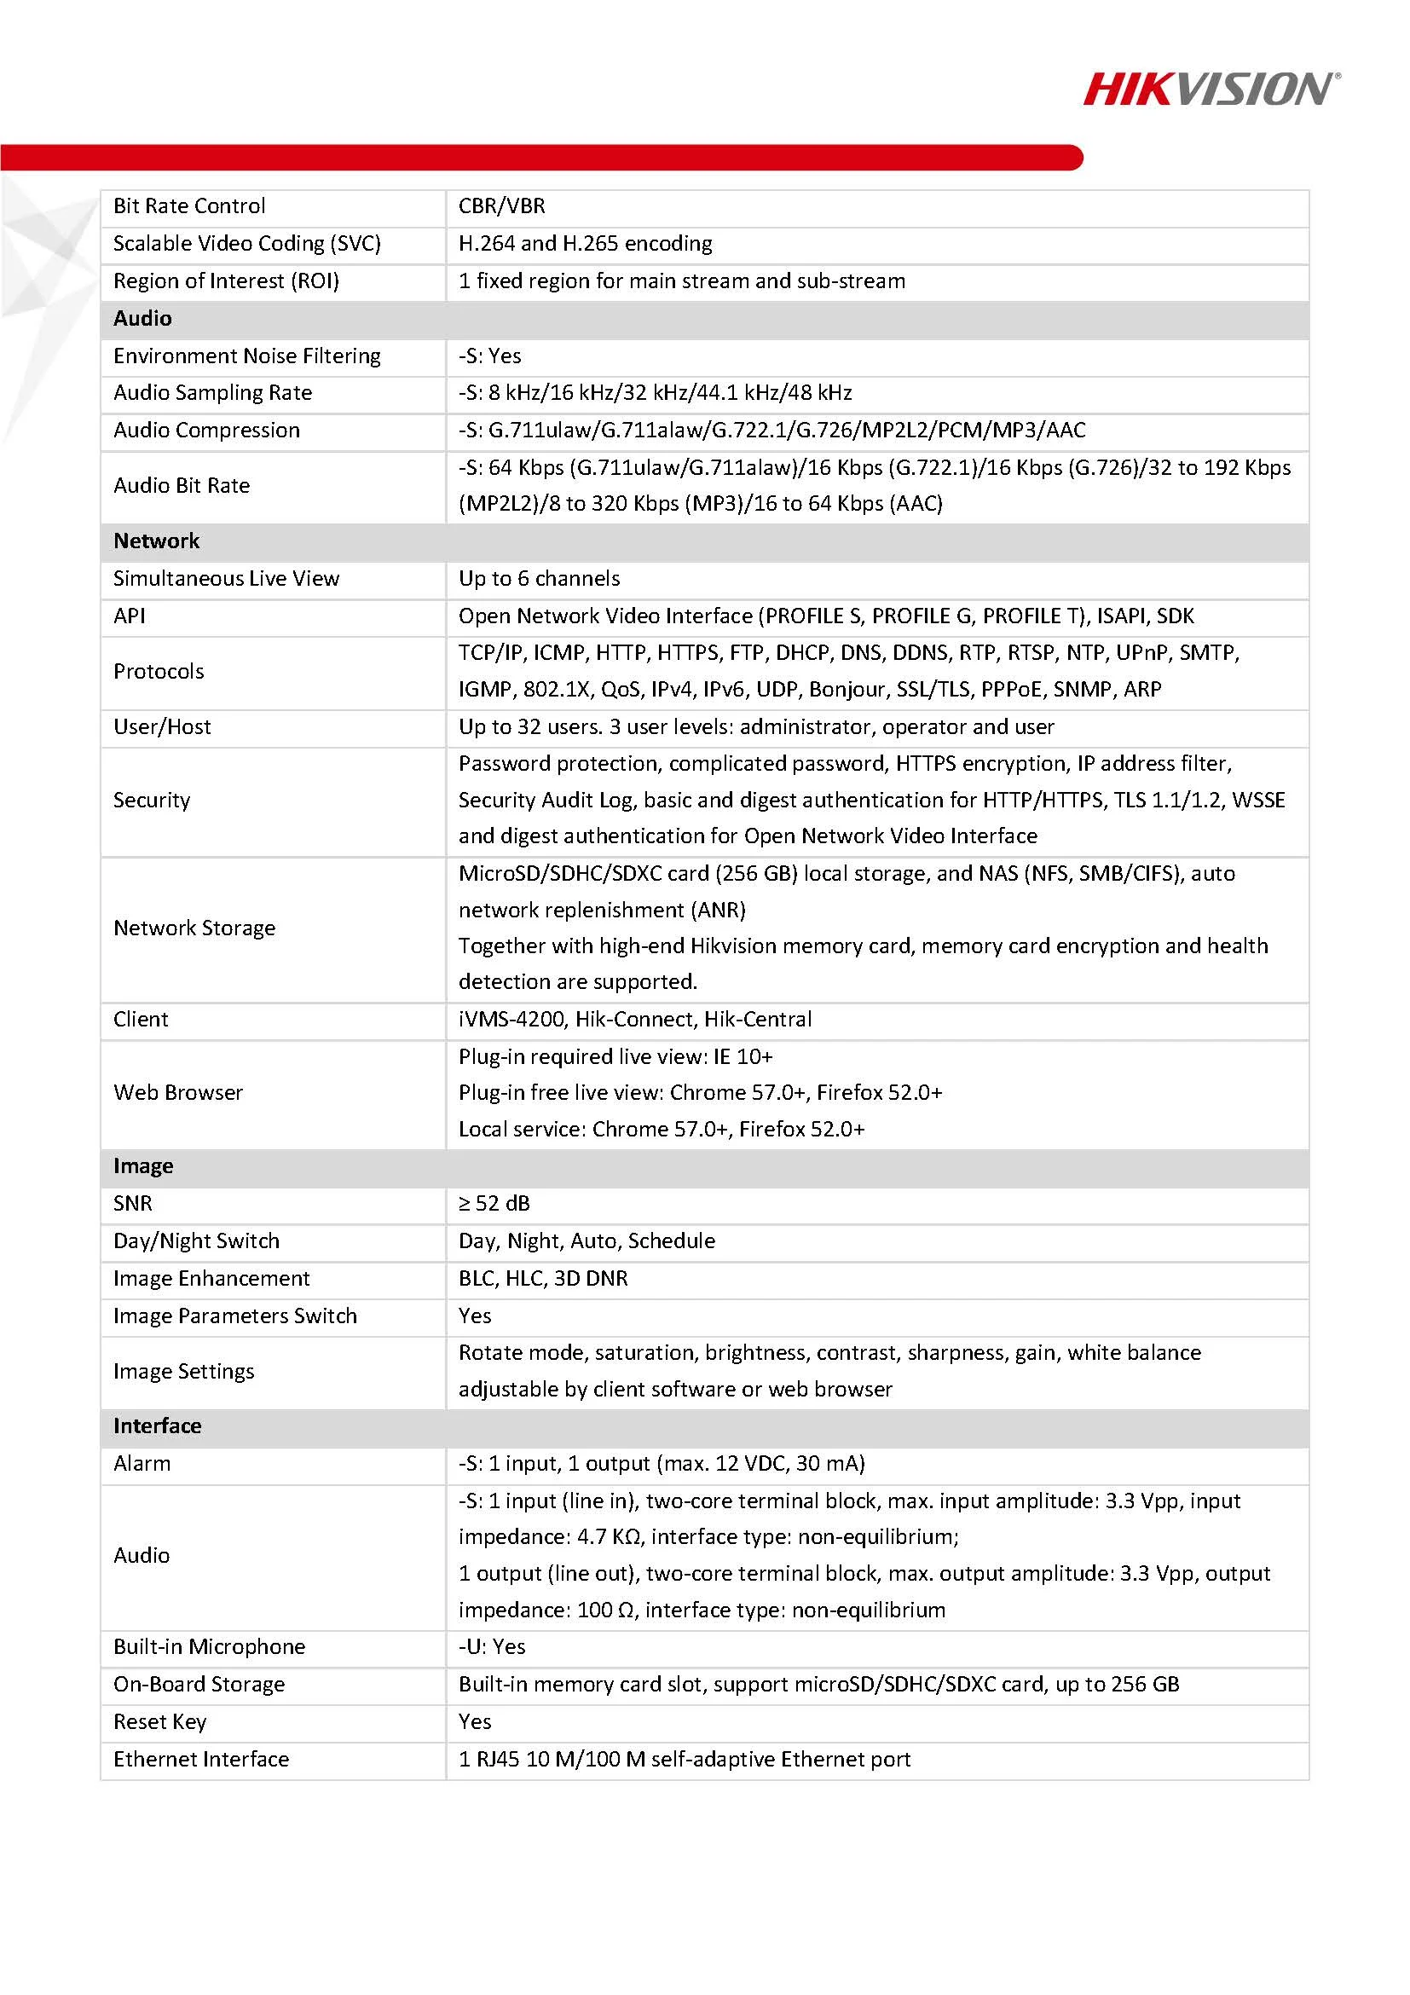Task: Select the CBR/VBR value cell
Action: [502, 206]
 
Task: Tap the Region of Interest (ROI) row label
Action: [226, 280]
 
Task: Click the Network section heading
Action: [156, 541]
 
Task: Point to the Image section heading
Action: [143, 1165]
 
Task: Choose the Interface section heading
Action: [157, 1425]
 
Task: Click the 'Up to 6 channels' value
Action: [539, 578]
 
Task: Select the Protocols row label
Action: [159, 671]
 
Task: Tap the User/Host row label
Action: [163, 726]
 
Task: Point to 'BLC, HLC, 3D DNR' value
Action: [543, 1277]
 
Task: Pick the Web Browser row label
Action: [178, 1092]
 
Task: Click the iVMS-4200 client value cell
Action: [635, 1018]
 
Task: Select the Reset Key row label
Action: [160, 1721]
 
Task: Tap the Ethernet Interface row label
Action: [201, 1759]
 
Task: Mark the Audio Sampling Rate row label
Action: [213, 393]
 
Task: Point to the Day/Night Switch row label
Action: [196, 1240]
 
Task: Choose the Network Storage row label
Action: [194, 928]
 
